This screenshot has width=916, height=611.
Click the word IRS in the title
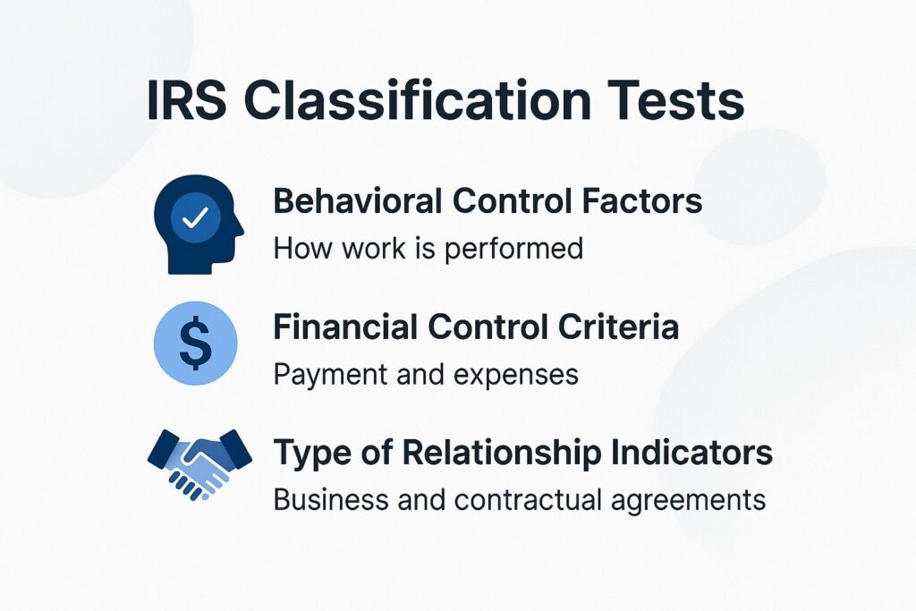click(186, 101)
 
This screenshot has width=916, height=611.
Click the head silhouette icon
click(198, 224)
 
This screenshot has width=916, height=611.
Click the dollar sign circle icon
click(196, 344)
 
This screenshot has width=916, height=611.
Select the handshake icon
click(199, 461)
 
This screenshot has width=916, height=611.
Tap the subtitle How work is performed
click(428, 248)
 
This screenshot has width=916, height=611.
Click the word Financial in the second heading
click(345, 327)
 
